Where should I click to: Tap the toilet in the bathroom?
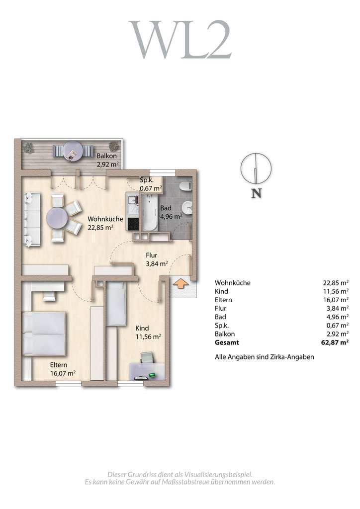[186, 186]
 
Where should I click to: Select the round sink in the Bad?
[187, 208]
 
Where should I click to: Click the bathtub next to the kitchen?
[150, 212]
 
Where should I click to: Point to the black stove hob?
[133, 224]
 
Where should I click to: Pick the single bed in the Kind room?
[116, 304]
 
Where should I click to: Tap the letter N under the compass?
[257, 193]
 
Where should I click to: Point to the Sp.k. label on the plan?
[147, 180]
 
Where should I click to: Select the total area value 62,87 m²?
[335, 342]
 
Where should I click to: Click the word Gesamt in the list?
[227, 342]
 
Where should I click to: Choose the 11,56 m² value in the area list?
[336, 291]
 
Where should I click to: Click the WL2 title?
[180, 40]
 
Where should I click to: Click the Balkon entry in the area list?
[225, 334]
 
